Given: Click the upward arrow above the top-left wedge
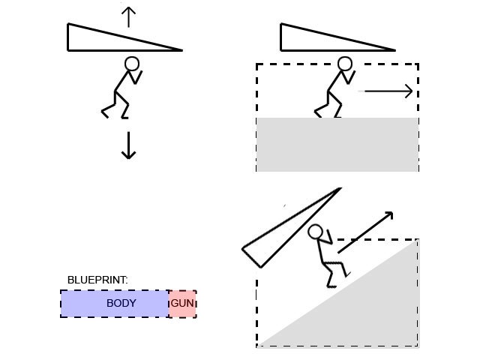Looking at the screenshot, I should click(x=129, y=16).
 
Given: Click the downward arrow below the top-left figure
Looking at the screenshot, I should click(x=129, y=145).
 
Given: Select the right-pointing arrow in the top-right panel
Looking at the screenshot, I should click(x=388, y=91).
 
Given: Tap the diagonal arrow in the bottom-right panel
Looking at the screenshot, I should click(x=365, y=232).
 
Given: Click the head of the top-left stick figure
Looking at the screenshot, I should click(x=132, y=64).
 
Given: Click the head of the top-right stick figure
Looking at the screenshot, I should click(x=345, y=64).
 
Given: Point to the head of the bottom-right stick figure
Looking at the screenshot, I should click(x=316, y=232).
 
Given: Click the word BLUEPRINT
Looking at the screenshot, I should click(x=97, y=280).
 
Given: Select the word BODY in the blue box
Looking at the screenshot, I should click(x=121, y=303).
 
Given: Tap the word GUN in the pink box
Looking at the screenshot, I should click(x=182, y=303).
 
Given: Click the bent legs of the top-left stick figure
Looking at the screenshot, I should click(x=117, y=105).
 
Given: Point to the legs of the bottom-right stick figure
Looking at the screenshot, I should click(x=333, y=271).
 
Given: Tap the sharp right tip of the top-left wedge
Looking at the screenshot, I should click(x=181, y=50).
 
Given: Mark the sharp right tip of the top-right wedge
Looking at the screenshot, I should click(x=394, y=50).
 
